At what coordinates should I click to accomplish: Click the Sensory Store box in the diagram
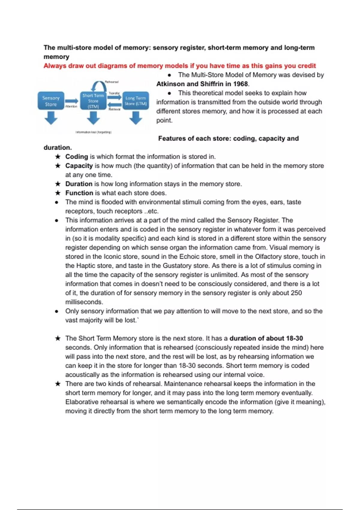click(x=51, y=101)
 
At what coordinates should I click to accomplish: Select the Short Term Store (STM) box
click(x=93, y=101)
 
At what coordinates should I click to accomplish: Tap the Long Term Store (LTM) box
click(x=136, y=101)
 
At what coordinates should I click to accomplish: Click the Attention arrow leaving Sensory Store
click(x=72, y=101)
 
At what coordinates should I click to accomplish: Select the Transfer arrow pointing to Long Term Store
click(x=114, y=97)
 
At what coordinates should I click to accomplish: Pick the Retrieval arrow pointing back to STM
click(x=114, y=104)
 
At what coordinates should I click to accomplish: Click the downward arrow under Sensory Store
click(x=51, y=118)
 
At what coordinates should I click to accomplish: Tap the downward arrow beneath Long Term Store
click(x=136, y=118)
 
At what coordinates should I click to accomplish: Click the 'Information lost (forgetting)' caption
click(x=93, y=132)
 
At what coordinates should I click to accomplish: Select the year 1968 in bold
click(x=241, y=84)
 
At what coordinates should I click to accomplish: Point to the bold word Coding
click(x=76, y=157)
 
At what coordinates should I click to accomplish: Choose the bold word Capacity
click(x=79, y=166)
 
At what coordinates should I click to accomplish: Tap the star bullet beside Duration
click(x=58, y=184)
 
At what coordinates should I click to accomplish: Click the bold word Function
click(x=79, y=193)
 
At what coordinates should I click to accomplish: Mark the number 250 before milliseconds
click(x=296, y=293)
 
